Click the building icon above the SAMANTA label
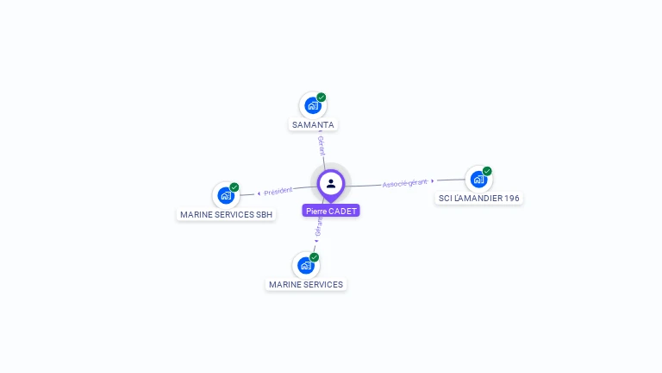pos(312,105)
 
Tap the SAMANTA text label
pos(313,125)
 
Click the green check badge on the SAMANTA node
pos(322,98)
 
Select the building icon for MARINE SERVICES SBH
pos(225,195)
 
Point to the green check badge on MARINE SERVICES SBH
pos(234,187)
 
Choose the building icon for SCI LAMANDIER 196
pos(478,179)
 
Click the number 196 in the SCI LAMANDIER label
pos(511,199)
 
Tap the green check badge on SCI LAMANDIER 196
pos(487,171)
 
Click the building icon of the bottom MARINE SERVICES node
pos(305,265)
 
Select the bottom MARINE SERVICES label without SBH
pos(306,285)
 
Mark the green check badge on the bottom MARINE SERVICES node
pos(315,257)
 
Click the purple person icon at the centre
pos(331,183)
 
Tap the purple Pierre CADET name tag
pos(331,211)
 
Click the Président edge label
pos(278,192)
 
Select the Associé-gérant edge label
pos(405,183)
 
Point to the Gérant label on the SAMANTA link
pos(321,144)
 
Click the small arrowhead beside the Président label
pos(259,193)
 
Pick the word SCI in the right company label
pos(446,199)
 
